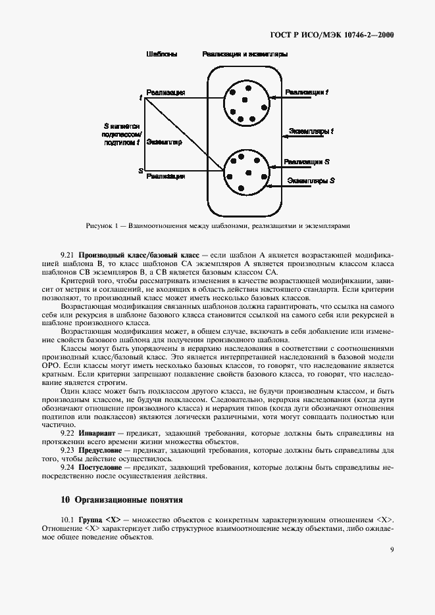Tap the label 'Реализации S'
[x=307, y=161]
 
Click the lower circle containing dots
[x=246, y=172]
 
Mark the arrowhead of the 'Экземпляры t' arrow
[x=284, y=137]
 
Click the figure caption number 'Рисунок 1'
[x=102, y=226]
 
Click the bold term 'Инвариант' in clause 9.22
[x=97, y=432]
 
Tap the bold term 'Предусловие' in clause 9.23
[x=101, y=451]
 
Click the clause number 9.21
[x=66, y=254]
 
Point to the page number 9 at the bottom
[x=392, y=550]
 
